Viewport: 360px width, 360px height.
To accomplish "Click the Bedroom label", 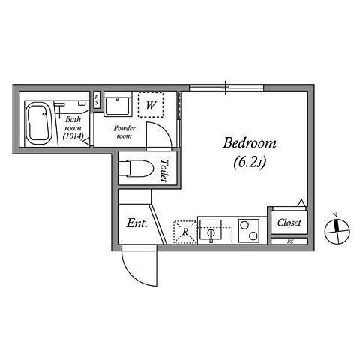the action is point(250,143).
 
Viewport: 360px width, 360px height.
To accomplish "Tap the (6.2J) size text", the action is point(250,163).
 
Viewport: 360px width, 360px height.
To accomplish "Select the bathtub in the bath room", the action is point(39,123).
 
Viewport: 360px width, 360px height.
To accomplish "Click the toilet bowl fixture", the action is point(136,169).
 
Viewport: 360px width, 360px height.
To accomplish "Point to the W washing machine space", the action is point(151,105).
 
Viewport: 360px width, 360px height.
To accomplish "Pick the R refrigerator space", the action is point(185,232).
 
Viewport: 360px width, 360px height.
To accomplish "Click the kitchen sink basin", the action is point(211,230).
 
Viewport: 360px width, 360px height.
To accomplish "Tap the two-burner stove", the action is point(249,231).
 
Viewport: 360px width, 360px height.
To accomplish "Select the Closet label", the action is point(289,223).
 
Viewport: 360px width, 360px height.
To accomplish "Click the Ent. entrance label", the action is point(137,223).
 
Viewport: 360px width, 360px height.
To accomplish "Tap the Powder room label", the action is point(124,132).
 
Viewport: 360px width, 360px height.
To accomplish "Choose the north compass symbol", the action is point(337,230).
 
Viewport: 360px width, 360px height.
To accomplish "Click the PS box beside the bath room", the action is point(97,100).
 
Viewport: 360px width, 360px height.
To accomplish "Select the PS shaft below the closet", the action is point(289,241).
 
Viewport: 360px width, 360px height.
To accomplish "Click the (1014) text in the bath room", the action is point(73,136).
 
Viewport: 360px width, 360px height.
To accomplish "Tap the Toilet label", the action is point(163,170).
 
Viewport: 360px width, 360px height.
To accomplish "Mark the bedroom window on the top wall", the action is point(226,88).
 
